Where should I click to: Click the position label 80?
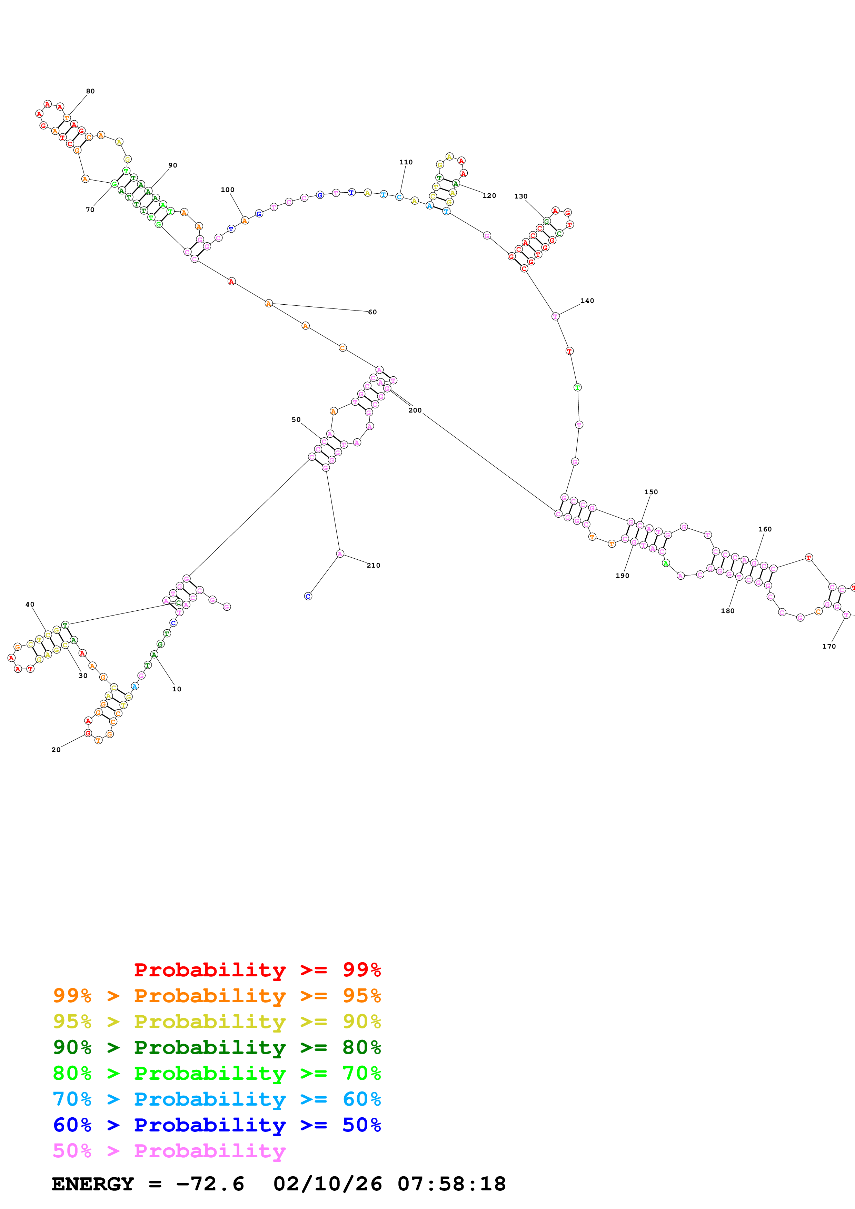[x=91, y=91]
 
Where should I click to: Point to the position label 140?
[x=587, y=301]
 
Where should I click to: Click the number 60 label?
[x=372, y=312]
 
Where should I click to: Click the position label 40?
[x=30, y=604]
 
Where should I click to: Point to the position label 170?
[x=829, y=646]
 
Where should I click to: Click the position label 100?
[x=228, y=190]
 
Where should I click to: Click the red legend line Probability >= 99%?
[x=257, y=969]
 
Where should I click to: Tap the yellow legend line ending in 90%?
[x=217, y=1022]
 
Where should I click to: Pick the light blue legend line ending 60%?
[x=217, y=1099]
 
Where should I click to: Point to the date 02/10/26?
[x=327, y=1184]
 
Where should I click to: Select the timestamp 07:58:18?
[x=451, y=1184]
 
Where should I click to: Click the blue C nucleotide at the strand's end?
[x=308, y=596]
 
